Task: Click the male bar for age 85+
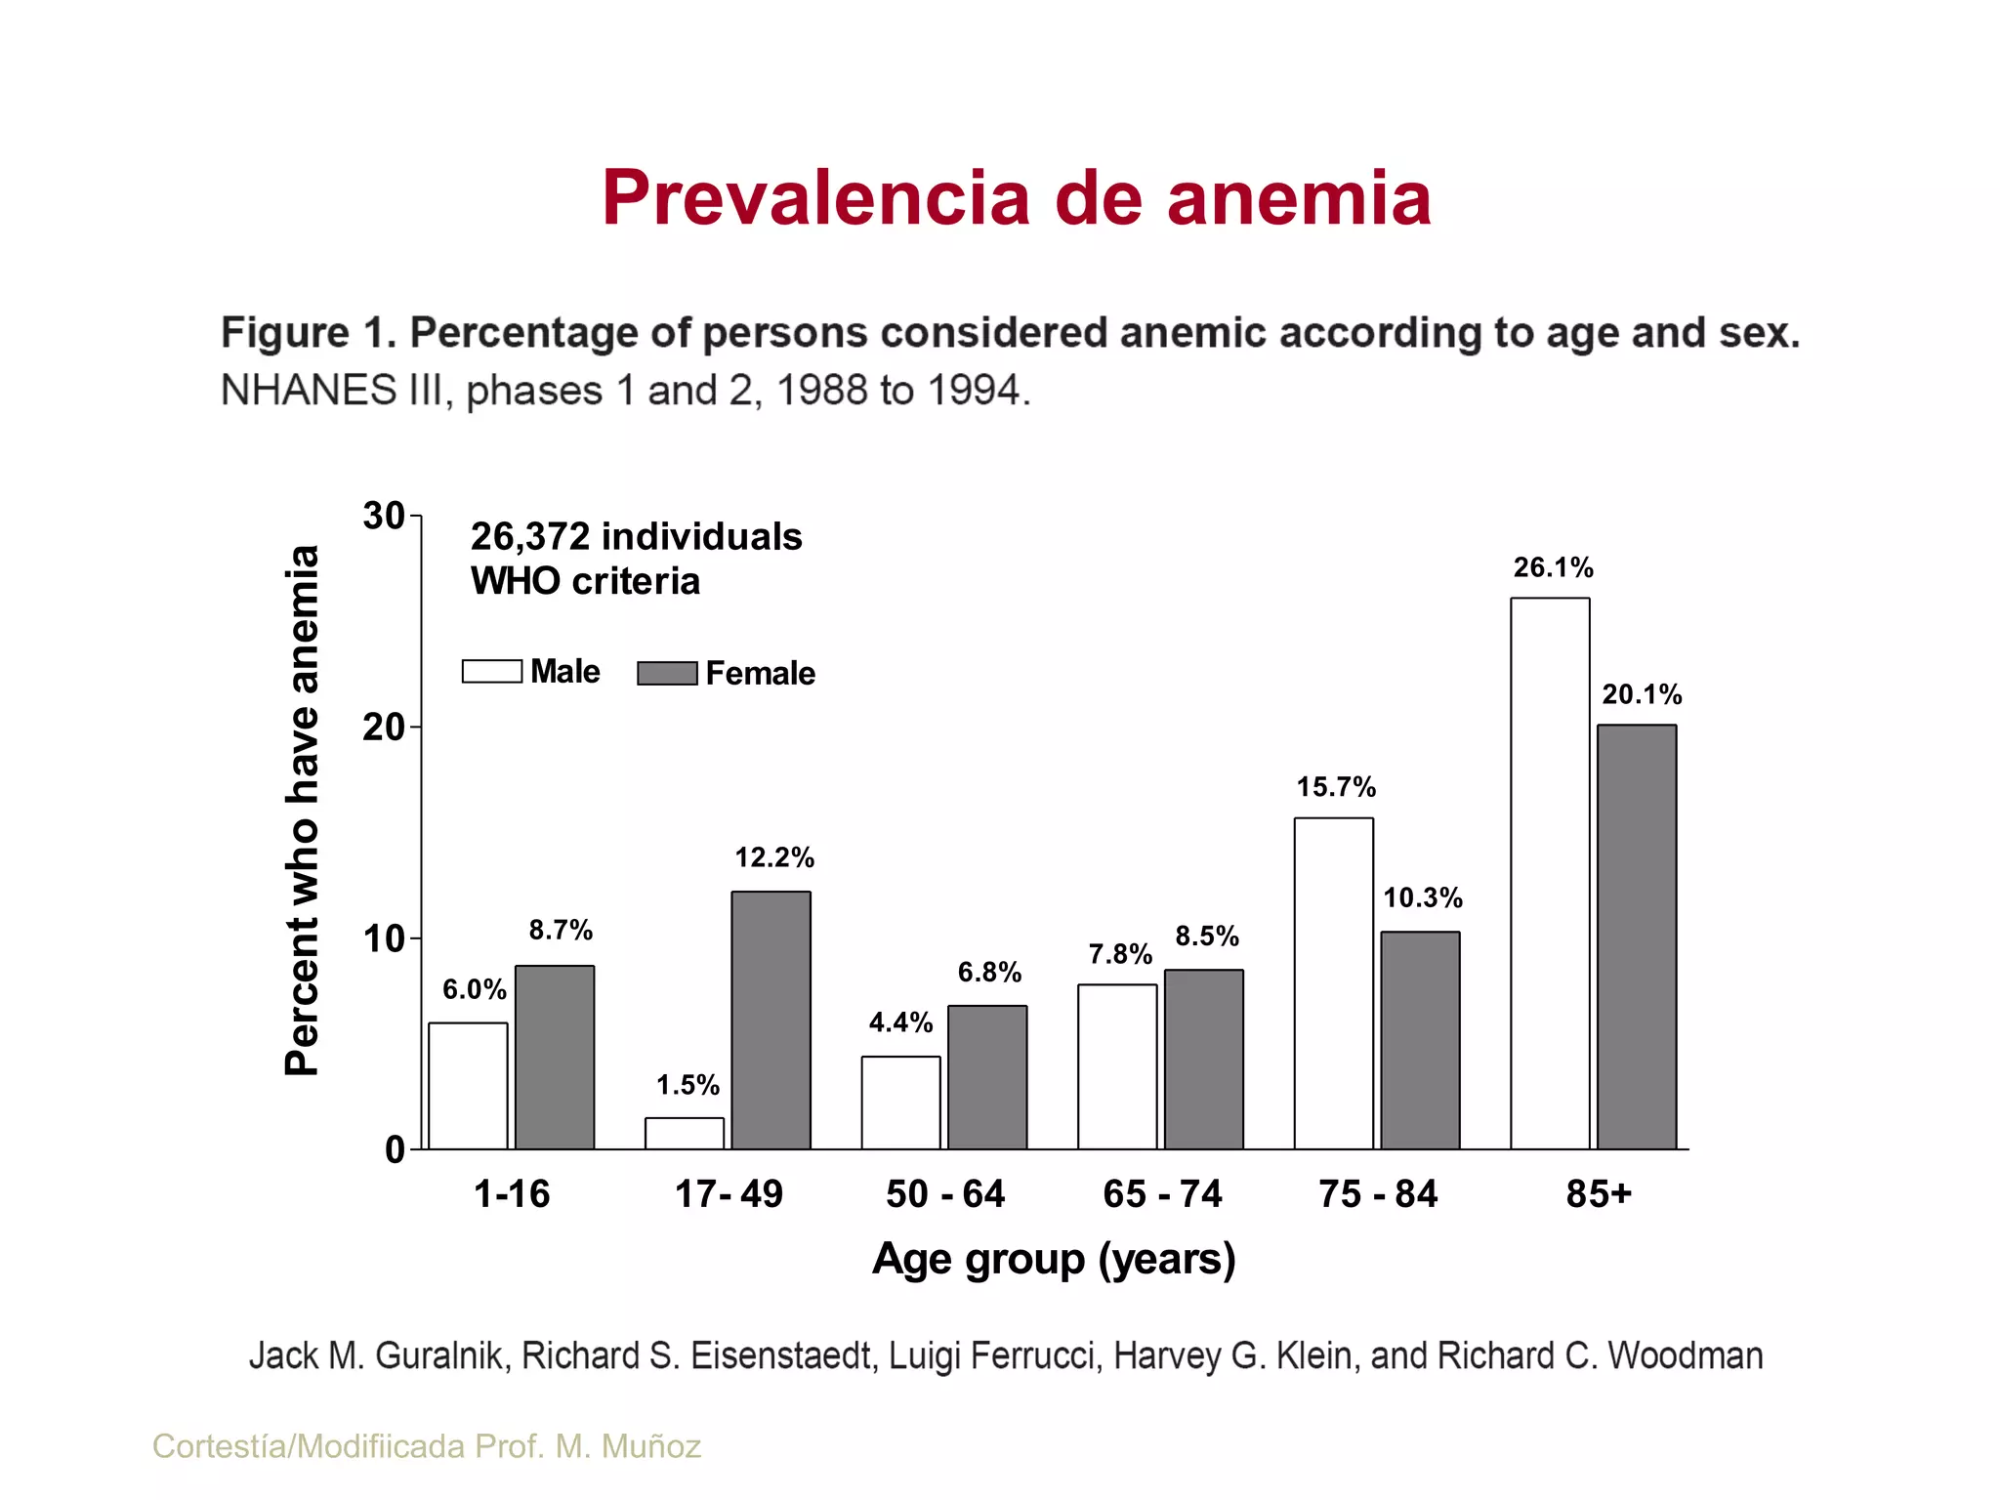tap(1550, 873)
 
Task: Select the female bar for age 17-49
tap(771, 1020)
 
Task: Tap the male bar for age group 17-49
tap(684, 1134)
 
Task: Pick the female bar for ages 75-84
tap(1420, 1040)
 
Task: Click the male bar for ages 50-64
tap(900, 1103)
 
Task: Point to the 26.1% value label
tap(1553, 567)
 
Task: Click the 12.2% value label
tap(774, 857)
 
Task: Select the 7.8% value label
tap(1120, 954)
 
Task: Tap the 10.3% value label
tap(1423, 897)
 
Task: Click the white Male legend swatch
tap(491, 672)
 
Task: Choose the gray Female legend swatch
tap(667, 673)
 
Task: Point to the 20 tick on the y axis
tap(384, 728)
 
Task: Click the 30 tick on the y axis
tap(384, 516)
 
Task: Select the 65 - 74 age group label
tap(1162, 1193)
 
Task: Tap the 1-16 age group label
tap(512, 1193)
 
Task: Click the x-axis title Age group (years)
tap(1054, 1259)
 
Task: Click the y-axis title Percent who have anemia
tap(302, 811)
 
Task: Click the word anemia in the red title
tap(1299, 198)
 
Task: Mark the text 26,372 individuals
tap(636, 536)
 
